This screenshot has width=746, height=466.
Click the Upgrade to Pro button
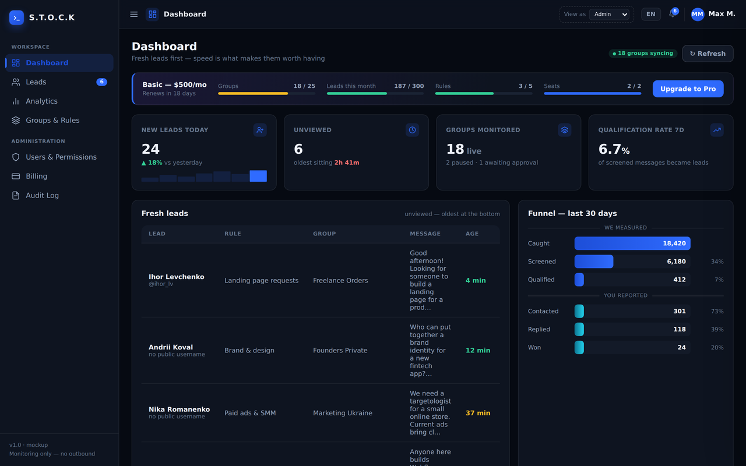coord(688,89)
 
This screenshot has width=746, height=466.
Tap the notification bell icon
coord(673,14)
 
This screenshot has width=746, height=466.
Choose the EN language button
coord(651,14)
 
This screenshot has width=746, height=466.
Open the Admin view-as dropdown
coord(609,15)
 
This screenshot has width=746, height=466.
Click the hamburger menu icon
coord(134,15)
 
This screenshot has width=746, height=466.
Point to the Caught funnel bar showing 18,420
coord(632,243)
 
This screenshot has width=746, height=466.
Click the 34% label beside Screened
coord(717,262)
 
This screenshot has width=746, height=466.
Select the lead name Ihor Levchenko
coord(176,277)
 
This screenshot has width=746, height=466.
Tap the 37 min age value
coord(477,413)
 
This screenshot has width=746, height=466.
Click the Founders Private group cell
coord(340,350)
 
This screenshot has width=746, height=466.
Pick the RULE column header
coord(233,234)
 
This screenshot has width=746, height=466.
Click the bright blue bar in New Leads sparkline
coord(258,176)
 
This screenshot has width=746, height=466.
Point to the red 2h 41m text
coord(347,163)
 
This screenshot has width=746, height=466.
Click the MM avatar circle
coord(698,15)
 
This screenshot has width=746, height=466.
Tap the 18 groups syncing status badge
coord(643,53)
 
